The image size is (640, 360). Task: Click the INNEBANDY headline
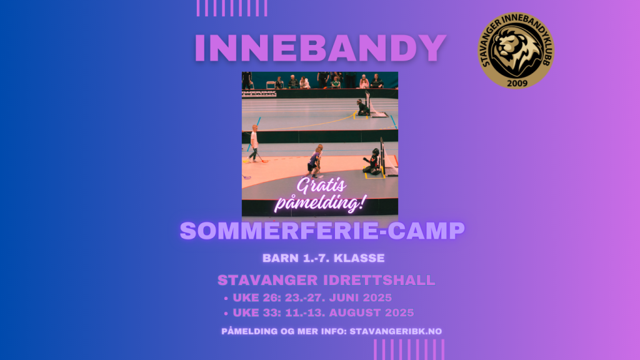[321, 47]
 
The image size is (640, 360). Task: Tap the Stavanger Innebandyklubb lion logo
[516, 50]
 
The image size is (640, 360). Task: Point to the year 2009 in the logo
[517, 83]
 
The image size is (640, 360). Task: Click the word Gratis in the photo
[321, 186]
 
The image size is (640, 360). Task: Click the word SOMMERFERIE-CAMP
[322, 231]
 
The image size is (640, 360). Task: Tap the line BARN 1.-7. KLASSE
[324, 258]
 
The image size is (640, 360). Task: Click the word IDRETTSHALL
[379, 280]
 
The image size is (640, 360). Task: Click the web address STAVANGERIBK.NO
[396, 331]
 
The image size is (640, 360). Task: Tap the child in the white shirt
[254, 143]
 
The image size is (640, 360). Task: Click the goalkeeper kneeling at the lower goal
[372, 162]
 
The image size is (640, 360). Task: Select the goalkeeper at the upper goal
[362, 107]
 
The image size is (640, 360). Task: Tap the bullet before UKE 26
[226, 298]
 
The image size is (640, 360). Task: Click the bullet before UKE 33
[226, 314]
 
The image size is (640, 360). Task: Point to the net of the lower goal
[389, 161]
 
